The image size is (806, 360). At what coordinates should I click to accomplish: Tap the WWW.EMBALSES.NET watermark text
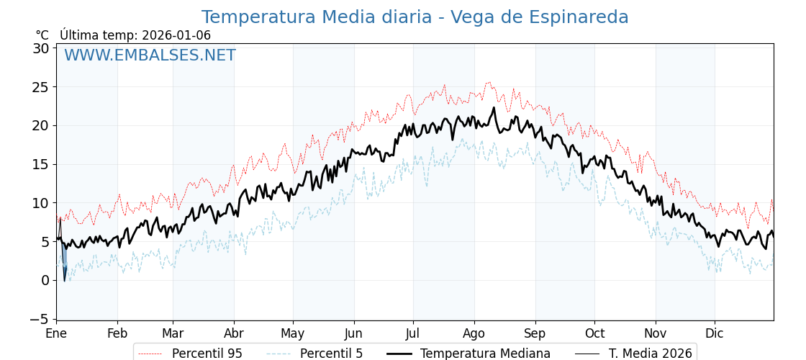(150, 55)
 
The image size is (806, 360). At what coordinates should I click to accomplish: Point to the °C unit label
(42, 35)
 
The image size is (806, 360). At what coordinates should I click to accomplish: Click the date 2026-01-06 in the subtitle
(176, 35)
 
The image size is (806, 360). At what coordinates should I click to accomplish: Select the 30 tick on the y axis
(40, 48)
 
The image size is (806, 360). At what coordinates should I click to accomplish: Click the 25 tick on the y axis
(40, 87)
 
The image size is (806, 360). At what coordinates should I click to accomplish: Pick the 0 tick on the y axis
(45, 280)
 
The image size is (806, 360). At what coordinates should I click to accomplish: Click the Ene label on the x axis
(56, 334)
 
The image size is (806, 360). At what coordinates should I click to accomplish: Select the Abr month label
(234, 334)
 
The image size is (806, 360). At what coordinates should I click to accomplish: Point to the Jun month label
(353, 334)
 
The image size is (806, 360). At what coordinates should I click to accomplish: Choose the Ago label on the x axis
(474, 334)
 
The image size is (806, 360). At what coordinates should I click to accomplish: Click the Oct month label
(594, 334)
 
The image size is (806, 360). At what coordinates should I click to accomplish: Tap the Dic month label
(715, 334)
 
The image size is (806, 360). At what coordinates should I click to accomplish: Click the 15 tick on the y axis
(40, 164)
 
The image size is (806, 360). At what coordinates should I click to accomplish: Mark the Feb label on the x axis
(117, 334)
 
